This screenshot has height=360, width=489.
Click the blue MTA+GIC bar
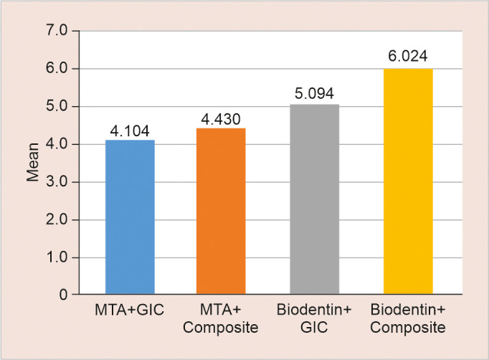[130, 217]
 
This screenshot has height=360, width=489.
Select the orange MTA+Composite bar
[221, 211]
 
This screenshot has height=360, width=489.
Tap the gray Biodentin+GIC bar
[314, 199]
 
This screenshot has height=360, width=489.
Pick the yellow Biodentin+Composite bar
[408, 181]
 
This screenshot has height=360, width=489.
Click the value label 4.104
[130, 131]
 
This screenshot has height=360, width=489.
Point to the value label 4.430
[221, 119]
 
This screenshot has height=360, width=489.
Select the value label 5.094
[314, 94]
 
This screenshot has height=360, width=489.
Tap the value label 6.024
[408, 56]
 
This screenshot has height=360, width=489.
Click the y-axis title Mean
[32, 162]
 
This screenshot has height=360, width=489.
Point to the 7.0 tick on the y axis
[57, 31]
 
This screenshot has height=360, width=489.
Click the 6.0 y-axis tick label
[57, 69]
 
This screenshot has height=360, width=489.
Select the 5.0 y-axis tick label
[57, 107]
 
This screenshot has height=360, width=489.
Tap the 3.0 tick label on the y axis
[57, 182]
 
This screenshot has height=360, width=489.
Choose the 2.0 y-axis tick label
[57, 220]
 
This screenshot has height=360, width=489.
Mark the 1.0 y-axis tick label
[57, 257]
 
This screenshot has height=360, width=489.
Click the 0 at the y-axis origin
[63, 295]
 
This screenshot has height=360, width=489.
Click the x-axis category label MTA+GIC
[129, 310]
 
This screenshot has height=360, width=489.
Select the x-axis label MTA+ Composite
[221, 319]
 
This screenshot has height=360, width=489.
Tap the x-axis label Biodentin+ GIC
[314, 319]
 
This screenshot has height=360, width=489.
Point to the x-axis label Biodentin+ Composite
[408, 319]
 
